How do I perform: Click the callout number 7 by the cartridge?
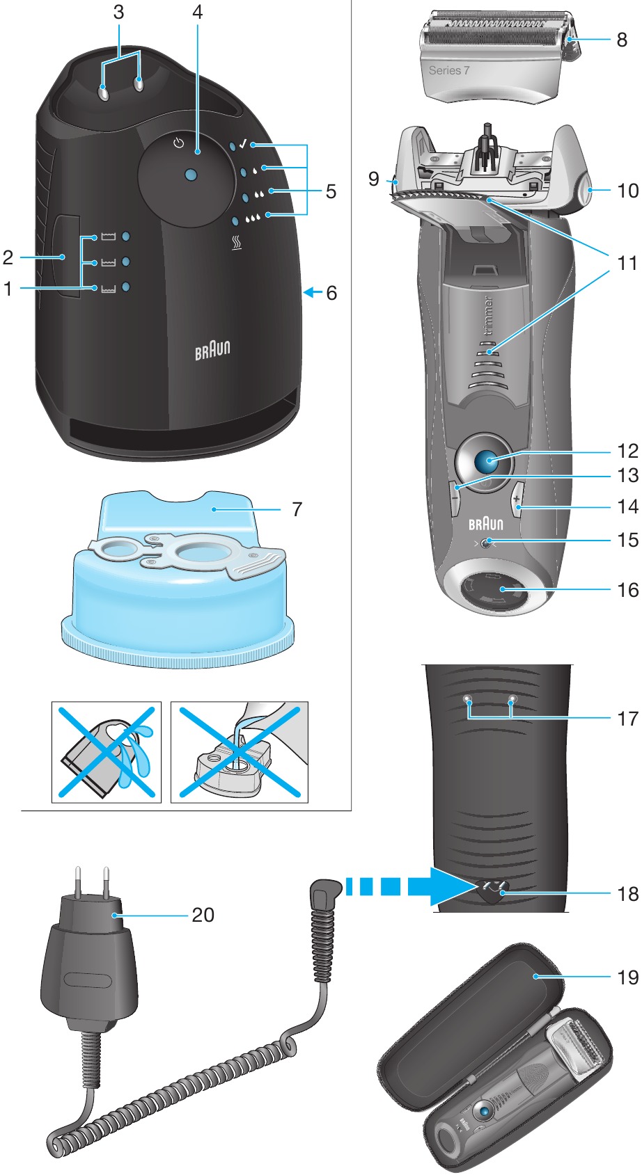pos(297,509)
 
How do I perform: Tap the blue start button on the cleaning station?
pos(191,175)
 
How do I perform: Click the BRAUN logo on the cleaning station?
pos(212,349)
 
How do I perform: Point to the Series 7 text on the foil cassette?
pos(449,70)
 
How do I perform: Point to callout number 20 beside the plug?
pos(203,915)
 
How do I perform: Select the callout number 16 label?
pos(627,590)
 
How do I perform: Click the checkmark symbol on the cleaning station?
pos(243,144)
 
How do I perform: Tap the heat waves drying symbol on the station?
pos(236,244)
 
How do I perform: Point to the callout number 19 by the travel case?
pos(627,977)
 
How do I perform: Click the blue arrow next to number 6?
pos(313,293)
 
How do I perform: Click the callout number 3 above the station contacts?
pos(119,12)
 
